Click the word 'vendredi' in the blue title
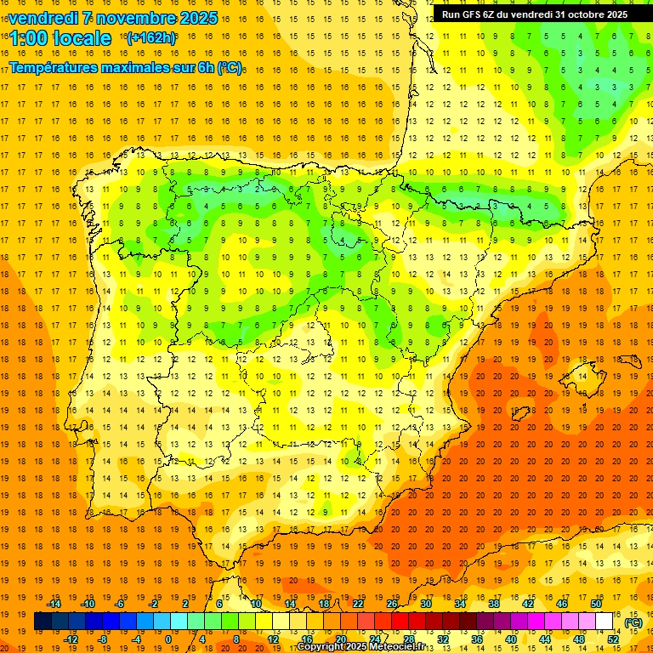click(x=43, y=18)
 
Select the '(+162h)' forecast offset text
click(x=150, y=37)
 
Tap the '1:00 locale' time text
click(x=60, y=38)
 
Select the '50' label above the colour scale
click(x=596, y=604)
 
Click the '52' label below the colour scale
click(x=613, y=639)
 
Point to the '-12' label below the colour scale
click(x=71, y=639)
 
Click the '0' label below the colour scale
click(x=168, y=639)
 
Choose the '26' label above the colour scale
click(x=392, y=604)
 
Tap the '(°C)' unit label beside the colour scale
click(x=633, y=622)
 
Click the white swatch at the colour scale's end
click(x=604, y=622)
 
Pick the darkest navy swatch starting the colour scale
click(x=43, y=622)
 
